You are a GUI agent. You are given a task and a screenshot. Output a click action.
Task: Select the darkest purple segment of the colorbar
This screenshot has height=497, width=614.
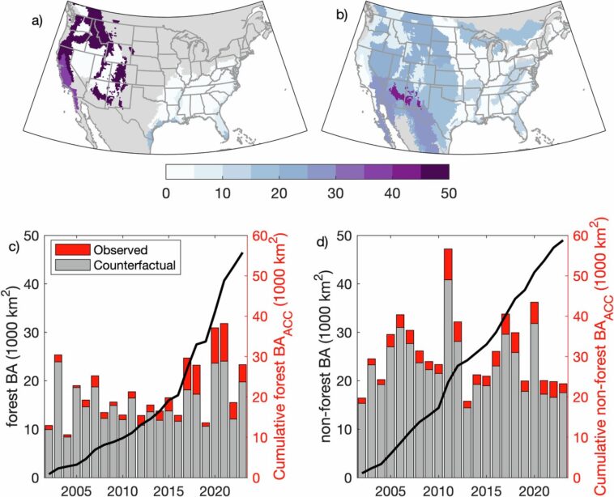(x=434, y=171)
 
